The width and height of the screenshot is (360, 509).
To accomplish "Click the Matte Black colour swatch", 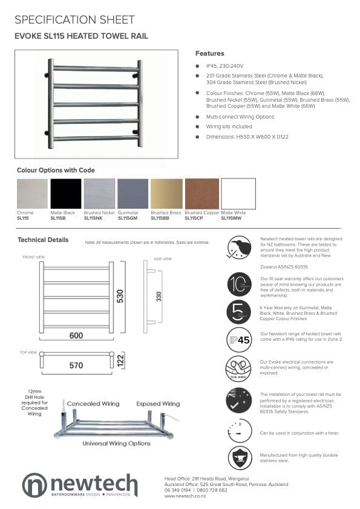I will (x=66, y=194).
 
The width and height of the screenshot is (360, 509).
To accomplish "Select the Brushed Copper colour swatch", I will (x=202, y=194).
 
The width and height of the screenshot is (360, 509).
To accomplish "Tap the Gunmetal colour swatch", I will (x=133, y=194).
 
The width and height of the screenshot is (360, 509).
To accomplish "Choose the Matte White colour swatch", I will (x=238, y=194).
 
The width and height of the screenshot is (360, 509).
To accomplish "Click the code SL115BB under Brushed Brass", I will (x=160, y=218).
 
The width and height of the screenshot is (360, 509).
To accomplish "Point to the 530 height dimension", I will (x=120, y=296).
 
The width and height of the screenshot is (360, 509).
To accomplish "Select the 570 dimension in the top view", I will (x=76, y=366).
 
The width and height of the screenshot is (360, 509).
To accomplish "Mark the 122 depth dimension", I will (x=120, y=360).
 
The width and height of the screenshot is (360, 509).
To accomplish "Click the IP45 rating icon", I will (x=240, y=340).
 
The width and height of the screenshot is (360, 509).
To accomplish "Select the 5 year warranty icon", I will (x=240, y=312).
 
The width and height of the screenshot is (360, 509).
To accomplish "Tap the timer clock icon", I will (x=240, y=430).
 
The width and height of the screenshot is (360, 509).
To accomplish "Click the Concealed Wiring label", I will (x=93, y=404).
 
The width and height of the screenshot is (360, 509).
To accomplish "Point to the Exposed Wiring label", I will (x=157, y=404).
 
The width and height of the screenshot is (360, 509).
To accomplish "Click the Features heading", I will (x=209, y=53).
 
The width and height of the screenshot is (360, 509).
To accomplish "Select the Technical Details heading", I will (x=43, y=240).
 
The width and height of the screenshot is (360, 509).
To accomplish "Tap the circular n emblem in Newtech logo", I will (x=34, y=485).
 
